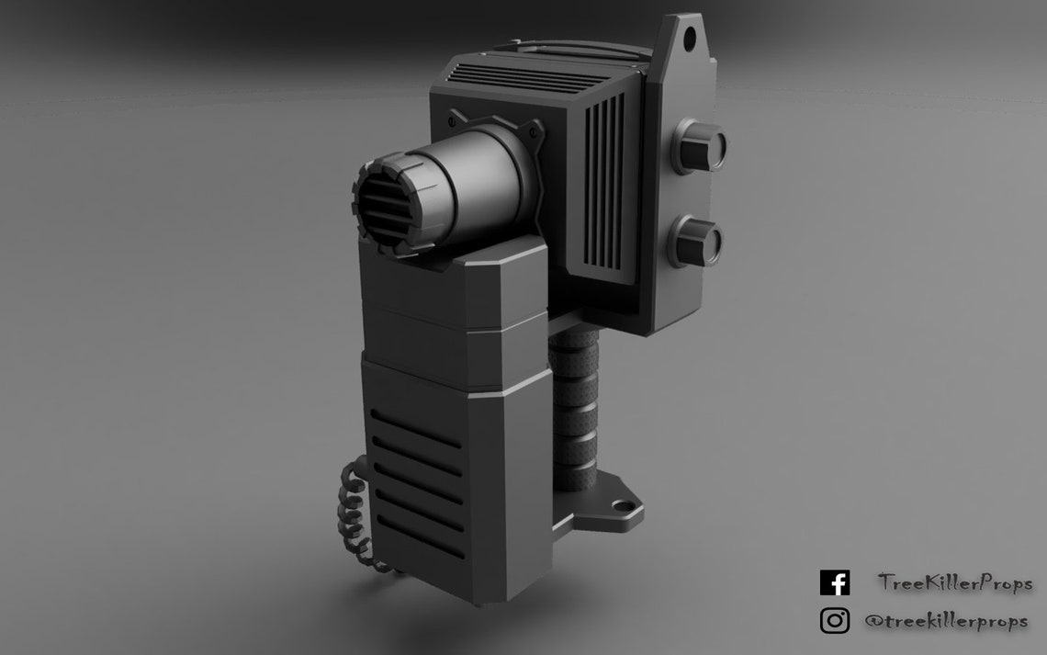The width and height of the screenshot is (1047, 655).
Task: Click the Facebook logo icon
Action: point(834,583)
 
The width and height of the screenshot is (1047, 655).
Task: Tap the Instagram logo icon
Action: point(834,621)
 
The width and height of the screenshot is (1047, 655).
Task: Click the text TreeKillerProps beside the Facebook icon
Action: point(955,583)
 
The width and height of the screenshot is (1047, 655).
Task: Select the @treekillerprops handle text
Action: point(946,622)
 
